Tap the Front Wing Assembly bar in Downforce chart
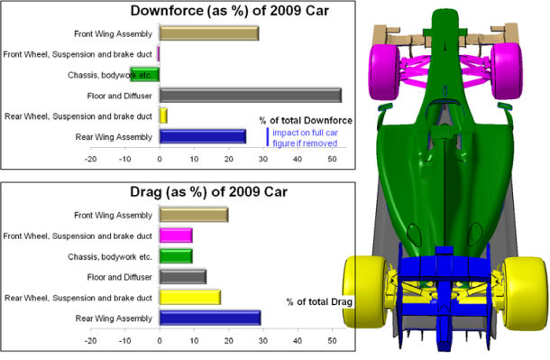[209, 33]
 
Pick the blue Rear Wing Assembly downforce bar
[203, 136]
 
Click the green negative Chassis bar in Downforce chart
[145, 75]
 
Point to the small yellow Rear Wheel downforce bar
[163, 115]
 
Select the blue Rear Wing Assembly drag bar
[210, 318]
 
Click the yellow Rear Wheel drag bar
[190, 297]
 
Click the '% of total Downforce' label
[305, 120]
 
